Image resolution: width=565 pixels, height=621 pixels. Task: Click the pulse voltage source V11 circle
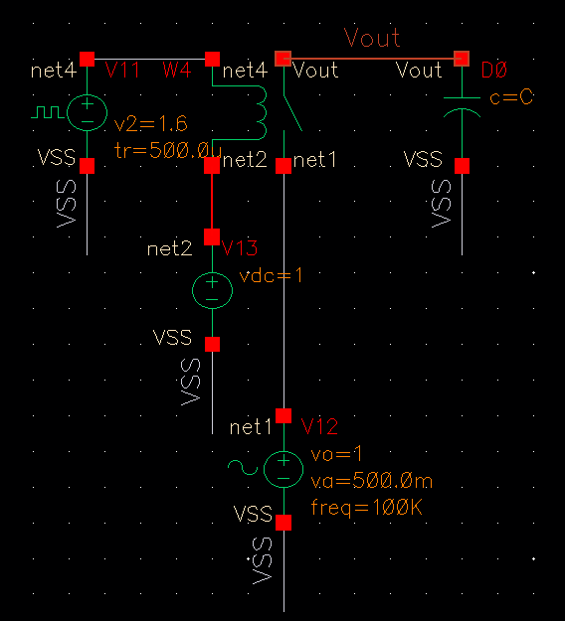pyautogui.click(x=87, y=111)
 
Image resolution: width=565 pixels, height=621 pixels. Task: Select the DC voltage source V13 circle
pyautogui.click(x=212, y=290)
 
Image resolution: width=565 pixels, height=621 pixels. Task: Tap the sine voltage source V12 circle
pyautogui.click(x=283, y=468)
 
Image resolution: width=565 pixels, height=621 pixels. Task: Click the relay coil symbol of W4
pyautogui.click(x=260, y=113)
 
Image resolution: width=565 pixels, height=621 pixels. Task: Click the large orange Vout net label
pyautogui.click(x=372, y=39)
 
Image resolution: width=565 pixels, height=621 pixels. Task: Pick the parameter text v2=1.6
pyautogui.click(x=150, y=124)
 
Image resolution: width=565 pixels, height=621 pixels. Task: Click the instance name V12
pyautogui.click(x=320, y=427)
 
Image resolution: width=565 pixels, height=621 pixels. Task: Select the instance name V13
pyautogui.click(x=240, y=247)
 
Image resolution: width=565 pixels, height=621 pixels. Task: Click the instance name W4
pyautogui.click(x=177, y=70)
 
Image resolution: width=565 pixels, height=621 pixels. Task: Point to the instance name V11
pyautogui.click(x=123, y=70)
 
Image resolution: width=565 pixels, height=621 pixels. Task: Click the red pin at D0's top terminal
pyautogui.click(x=462, y=59)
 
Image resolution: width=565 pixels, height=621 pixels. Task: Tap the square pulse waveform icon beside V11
pyautogui.click(x=46, y=112)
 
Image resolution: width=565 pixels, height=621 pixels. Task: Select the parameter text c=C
pyautogui.click(x=512, y=97)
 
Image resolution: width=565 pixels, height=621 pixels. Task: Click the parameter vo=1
pyautogui.click(x=331, y=454)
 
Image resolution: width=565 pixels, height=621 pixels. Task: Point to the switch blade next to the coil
pyautogui.click(x=292, y=107)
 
